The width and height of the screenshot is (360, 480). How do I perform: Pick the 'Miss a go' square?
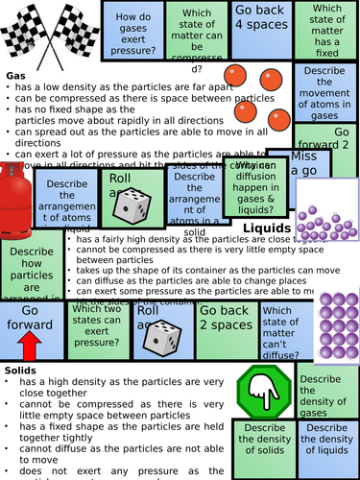pos(302,164)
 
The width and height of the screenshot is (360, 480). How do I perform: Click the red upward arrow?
pos(29,347)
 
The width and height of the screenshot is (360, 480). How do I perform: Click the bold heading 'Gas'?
pos(15,75)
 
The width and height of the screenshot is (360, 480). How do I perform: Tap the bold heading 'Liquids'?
pos(266,228)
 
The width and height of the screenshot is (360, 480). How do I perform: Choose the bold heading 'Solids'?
pos(20,370)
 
